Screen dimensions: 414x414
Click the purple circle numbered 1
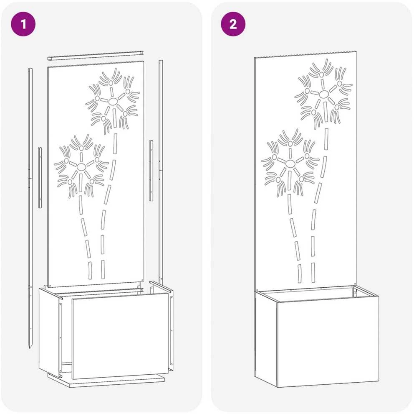pyautogui.click(x=23, y=24)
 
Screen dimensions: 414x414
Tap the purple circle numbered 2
pyautogui.click(x=233, y=24)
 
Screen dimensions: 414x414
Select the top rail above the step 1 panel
pyautogui.click(x=95, y=56)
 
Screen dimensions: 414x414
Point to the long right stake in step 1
pyautogui.click(x=161, y=172)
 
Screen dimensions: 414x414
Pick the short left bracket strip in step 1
pyautogui.click(x=40, y=178)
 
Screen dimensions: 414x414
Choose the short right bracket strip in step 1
pyautogui.click(x=151, y=171)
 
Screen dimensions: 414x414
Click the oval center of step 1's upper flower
pyautogui.click(x=113, y=101)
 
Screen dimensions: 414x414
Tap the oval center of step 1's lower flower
pyautogui.click(x=81, y=167)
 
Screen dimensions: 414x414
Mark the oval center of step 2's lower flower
pyautogui.click(x=290, y=164)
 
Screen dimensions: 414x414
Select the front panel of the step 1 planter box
pyautogui.click(x=120, y=335)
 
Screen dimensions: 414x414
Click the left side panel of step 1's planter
pyautogui.click(x=49, y=332)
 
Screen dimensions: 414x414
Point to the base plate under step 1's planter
pyautogui.click(x=106, y=381)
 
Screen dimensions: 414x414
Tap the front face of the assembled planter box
pyautogui.click(x=328, y=342)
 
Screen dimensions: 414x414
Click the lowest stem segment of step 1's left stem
pyautogui.click(x=90, y=271)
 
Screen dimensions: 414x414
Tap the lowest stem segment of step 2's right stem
pyautogui.click(x=313, y=273)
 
